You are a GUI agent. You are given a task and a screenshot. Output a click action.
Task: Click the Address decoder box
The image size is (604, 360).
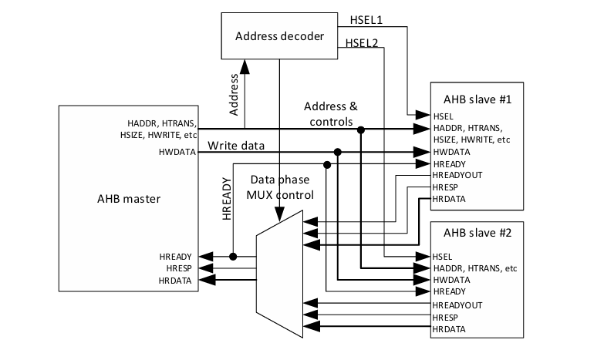pyautogui.click(x=279, y=36)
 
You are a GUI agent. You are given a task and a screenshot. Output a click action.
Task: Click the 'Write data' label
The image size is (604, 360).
pyautogui.click(x=236, y=145)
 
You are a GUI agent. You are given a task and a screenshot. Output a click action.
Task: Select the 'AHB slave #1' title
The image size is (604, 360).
pyautogui.click(x=472, y=100)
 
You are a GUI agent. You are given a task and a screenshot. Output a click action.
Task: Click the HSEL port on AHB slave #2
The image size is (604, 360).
pyautogui.click(x=442, y=256)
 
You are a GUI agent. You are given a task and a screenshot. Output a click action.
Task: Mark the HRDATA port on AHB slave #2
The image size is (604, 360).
pyautogui.click(x=449, y=329)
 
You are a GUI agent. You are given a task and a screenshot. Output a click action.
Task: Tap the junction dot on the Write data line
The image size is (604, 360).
pyautogui.click(x=338, y=152)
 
